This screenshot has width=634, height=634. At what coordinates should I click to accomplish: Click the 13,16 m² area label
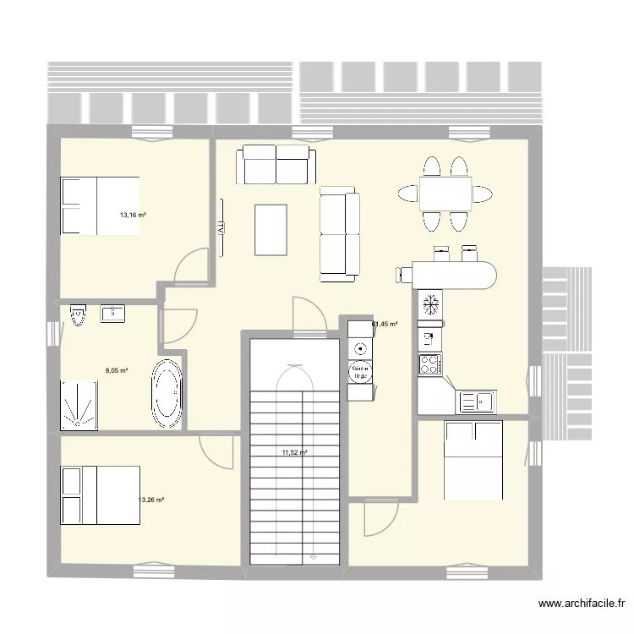(x=133, y=216)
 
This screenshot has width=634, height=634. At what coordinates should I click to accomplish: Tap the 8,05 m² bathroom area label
(x=116, y=369)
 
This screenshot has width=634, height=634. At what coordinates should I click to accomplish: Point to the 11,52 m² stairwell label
(x=294, y=452)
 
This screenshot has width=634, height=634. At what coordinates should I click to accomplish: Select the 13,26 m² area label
(x=150, y=500)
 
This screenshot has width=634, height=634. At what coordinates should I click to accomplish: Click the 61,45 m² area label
(x=385, y=324)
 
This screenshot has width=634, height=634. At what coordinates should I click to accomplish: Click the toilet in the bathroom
(x=79, y=316)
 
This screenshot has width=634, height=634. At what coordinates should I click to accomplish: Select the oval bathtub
(x=166, y=393)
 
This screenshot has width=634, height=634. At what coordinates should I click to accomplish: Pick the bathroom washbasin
(x=114, y=314)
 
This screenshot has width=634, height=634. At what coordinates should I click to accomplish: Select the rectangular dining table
(x=445, y=194)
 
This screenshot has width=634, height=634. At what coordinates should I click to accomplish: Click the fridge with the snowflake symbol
(x=429, y=303)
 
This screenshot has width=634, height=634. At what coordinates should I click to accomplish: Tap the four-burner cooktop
(x=429, y=365)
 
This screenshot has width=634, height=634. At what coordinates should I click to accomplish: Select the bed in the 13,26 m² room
(x=99, y=495)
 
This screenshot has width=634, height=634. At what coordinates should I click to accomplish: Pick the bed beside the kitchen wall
(x=474, y=462)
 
